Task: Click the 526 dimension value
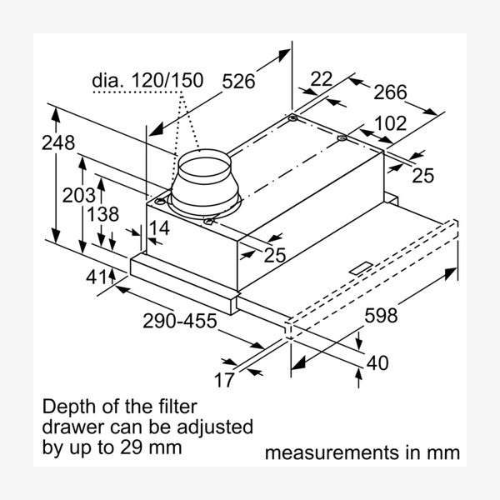point(238,81)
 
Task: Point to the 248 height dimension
point(59,142)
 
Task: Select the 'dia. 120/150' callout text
point(147,80)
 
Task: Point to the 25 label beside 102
point(423,175)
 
